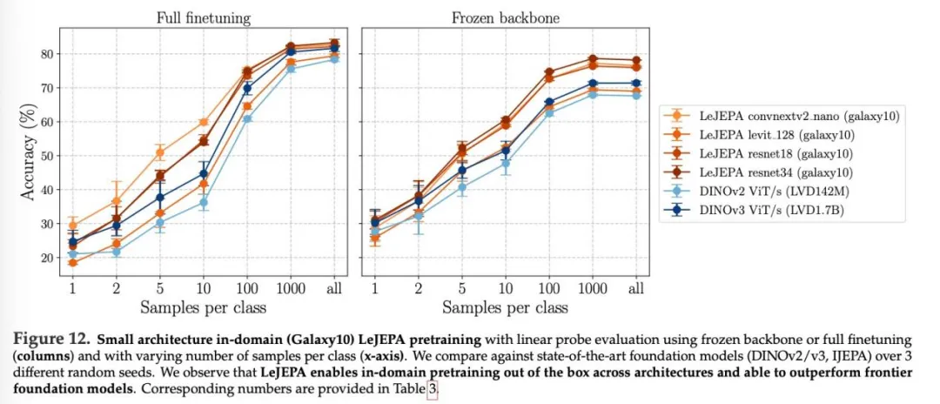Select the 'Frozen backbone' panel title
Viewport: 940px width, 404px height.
pyautogui.click(x=504, y=17)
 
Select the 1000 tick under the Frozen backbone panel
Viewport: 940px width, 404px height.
pyautogui.click(x=592, y=288)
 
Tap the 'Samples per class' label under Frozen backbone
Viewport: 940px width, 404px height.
pyautogui.click(x=505, y=307)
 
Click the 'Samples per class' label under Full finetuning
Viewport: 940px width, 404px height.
pyautogui.click(x=204, y=307)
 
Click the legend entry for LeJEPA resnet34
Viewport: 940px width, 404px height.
pyautogui.click(x=788, y=172)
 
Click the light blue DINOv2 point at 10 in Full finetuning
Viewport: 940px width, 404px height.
pyautogui.click(x=204, y=202)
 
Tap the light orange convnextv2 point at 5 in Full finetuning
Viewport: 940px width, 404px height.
pyautogui.click(x=160, y=152)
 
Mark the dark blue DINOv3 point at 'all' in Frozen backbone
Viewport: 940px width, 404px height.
pyautogui.click(x=636, y=84)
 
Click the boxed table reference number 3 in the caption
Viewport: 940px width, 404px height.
pyautogui.click(x=432, y=390)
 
